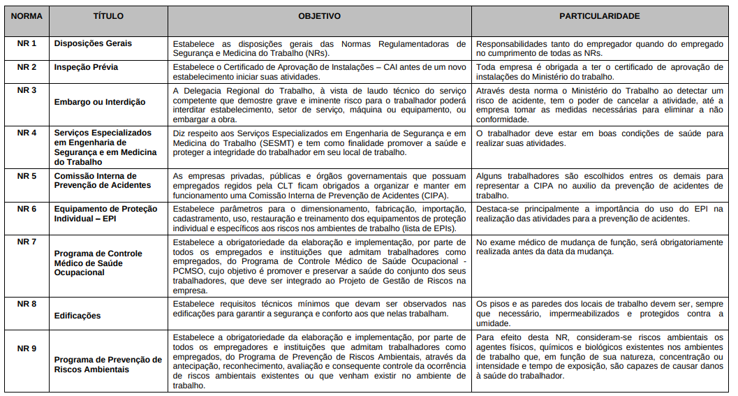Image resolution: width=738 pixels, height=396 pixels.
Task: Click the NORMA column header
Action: pyautogui.click(x=27, y=15)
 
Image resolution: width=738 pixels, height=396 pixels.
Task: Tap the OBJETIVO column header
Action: pyautogui.click(x=319, y=15)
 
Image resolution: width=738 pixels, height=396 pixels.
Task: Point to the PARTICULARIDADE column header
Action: pyautogui.click(x=599, y=15)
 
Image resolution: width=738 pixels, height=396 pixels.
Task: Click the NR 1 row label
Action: pyautogui.click(x=27, y=43)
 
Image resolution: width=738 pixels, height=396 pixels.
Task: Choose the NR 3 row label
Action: pyautogui.click(x=27, y=90)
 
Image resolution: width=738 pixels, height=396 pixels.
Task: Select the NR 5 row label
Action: pyautogui.click(x=27, y=176)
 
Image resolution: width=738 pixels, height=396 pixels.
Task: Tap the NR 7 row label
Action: pyautogui.click(x=27, y=242)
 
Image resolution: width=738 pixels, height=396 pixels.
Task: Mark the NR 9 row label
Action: pyautogui.click(x=27, y=348)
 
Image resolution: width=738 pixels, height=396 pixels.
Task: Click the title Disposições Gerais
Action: pyautogui.click(x=93, y=43)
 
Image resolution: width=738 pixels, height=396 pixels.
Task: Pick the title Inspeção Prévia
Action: pyautogui.click(x=86, y=67)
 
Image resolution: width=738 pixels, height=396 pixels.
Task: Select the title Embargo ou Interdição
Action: pyautogui.click(x=100, y=102)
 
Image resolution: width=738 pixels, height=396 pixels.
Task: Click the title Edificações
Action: pyautogui.click(x=78, y=316)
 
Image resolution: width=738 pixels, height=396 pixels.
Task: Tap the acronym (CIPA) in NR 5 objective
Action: pyautogui.click(x=431, y=196)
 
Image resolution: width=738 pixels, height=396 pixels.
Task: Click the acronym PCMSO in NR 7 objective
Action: pyautogui.click(x=189, y=271)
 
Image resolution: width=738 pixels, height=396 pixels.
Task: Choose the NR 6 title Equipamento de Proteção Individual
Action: pyautogui.click(x=102, y=212)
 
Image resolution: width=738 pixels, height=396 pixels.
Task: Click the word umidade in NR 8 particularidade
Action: pyautogui.click(x=494, y=323)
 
